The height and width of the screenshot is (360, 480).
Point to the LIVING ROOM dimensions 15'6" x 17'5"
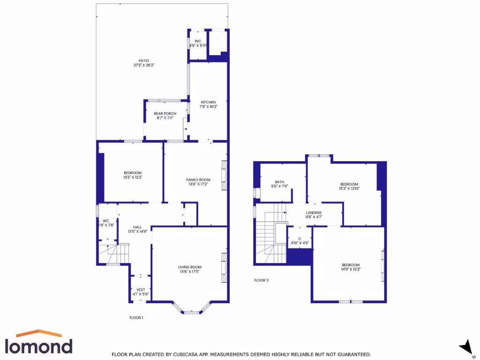pyautogui.click(x=190, y=271)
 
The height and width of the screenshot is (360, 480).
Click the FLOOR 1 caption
pyautogui.click(x=136, y=318)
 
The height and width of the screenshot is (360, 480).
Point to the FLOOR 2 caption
pyautogui.click(x=262, y=280)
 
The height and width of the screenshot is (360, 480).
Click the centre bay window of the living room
pyautogui.click(x=191, y=312)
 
